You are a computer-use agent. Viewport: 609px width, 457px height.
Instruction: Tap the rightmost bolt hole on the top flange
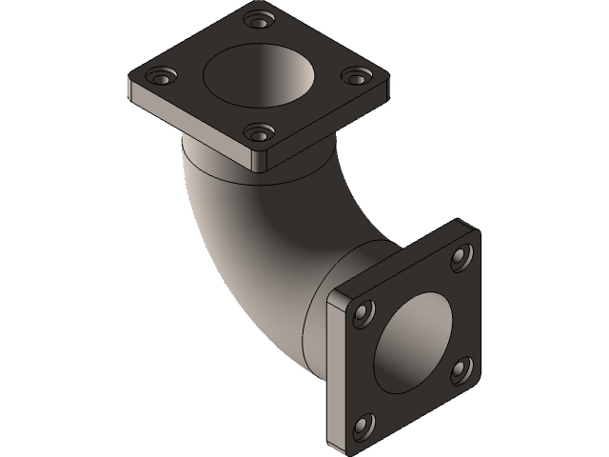click(353, 76)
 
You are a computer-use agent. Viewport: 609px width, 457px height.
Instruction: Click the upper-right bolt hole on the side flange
click(462, 255)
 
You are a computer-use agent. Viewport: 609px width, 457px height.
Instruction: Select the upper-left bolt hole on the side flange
click(363, 313)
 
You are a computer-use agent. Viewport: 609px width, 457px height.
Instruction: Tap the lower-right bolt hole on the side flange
click(461, 368)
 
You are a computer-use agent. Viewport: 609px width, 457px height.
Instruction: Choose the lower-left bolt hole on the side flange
click(363, 425)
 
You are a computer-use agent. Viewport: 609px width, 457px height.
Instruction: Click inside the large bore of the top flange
click(257, 76)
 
